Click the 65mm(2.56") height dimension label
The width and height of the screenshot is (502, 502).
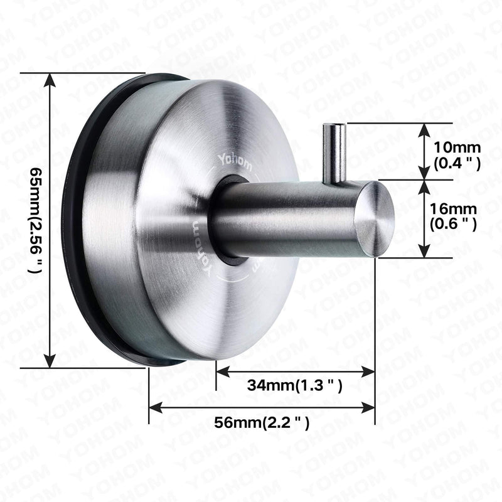[36, 220]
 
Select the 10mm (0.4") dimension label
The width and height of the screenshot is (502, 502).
[457, 156]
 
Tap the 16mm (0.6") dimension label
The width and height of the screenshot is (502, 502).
[453, 216]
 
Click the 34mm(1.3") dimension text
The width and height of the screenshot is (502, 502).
[294, 385]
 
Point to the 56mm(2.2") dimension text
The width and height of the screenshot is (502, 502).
[262, 422]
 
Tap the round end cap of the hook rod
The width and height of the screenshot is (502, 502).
[375, 219]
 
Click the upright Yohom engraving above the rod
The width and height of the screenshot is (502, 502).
[235, 163]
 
